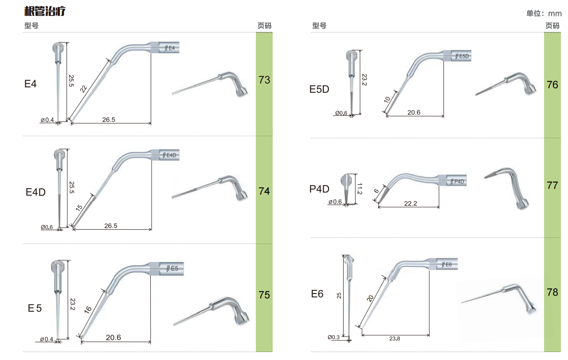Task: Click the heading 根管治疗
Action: [45, 11]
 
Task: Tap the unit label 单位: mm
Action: [544, 13]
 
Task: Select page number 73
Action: [264, 80]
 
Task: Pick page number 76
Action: [552, 85]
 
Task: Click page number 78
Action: [552, 292]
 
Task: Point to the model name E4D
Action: [35, 192]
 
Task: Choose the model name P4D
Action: [319, 189]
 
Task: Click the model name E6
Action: [317, 294]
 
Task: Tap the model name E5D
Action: [319, 89]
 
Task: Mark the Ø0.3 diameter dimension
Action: [333, 337]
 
